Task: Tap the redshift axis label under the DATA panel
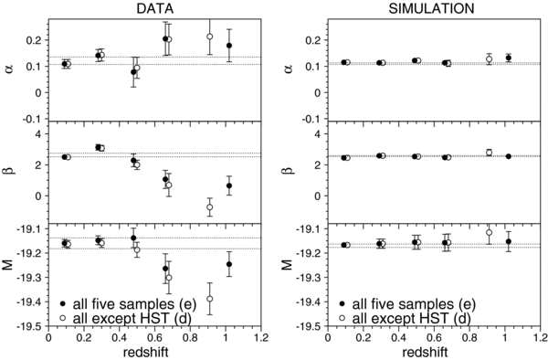coord(154,351)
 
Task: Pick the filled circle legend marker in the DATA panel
coord(61,302)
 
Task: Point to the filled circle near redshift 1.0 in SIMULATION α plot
coord(508,58)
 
